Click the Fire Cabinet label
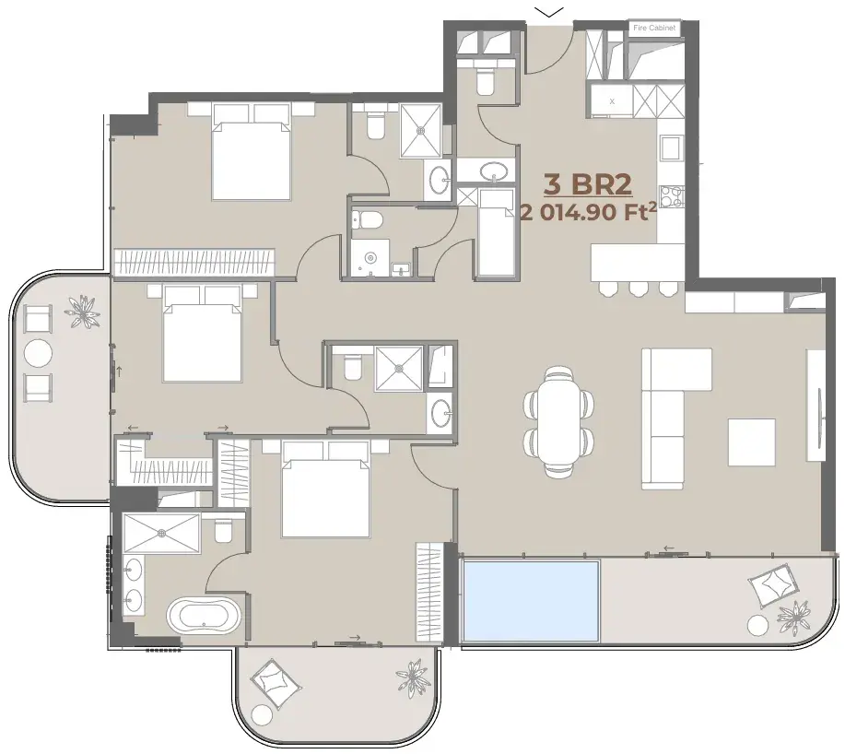(x=653, y=28)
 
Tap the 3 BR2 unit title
(x=587, y=184)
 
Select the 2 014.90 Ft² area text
(x=589, y=212)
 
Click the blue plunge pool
(x=532, y=601)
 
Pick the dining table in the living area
(x=558, y=421)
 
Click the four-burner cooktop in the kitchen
(x=672, y=196)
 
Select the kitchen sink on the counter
(x=671, y=148)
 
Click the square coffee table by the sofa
(x=752, y=442)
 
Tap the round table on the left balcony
(x=39, y=354)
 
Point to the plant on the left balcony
(x=82, y=312)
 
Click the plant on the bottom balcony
(x=412, y=677)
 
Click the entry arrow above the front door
(x=549, y=12)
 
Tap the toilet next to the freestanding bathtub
(x=223, y=532)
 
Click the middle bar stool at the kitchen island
(x=638, y=289)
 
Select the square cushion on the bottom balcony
(x=276, y=682)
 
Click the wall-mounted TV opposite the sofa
(x=820, y=418)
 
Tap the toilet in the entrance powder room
(x=485, y=80)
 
